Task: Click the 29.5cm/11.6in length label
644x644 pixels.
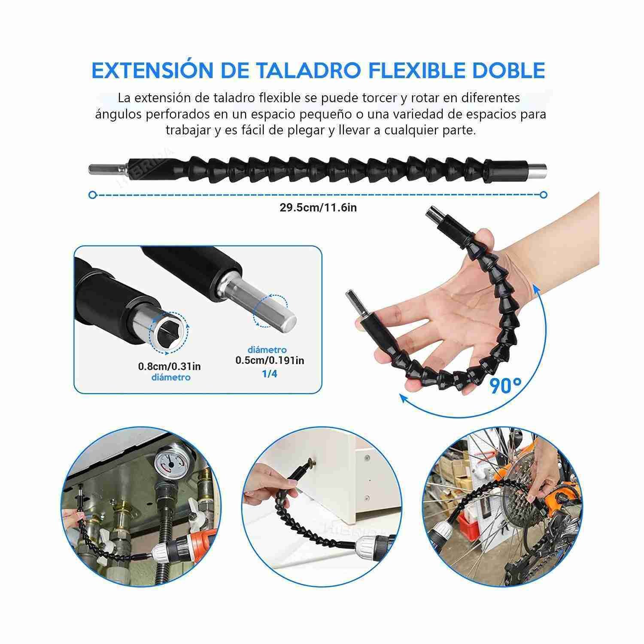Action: [318, 208]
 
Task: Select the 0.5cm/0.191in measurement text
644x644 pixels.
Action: [270, 360]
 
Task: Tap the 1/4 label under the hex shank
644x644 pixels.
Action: [270, 374]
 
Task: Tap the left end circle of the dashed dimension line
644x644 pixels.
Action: [92, 195]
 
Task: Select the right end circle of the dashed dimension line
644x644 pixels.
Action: [544, 195]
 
